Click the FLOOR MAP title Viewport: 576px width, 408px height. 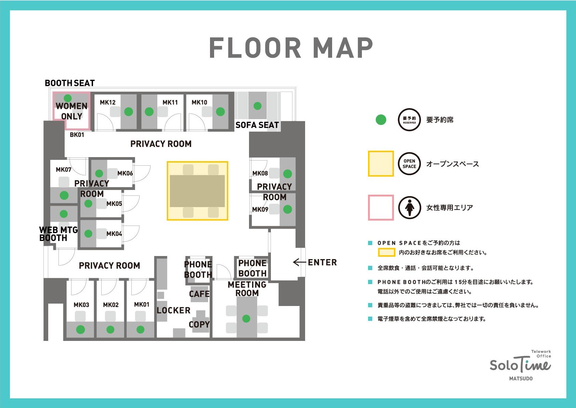point(291,48)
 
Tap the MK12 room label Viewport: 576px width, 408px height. point(108,102)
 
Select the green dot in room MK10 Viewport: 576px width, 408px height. point(220,112)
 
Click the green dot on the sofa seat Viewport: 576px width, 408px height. point(258,106)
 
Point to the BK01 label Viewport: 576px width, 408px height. point(77,135)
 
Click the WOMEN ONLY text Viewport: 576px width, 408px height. point(71,111)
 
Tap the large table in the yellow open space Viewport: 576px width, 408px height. point(197,191)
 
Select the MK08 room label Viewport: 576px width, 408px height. point(260,174)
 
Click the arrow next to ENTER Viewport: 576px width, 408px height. point(299,262)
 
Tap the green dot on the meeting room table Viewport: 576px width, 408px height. point(246,319)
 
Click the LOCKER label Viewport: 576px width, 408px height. point(173,310)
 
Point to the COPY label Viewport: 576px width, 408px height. point(199,324)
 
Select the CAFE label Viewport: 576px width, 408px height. point(199,294)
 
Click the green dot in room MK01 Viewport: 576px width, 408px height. point(140,329)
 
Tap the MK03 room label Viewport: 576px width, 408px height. point(81,305)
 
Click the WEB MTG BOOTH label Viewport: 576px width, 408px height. point(58,234)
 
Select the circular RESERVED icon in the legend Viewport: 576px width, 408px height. point(409,120)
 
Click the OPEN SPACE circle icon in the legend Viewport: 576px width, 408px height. point(409,164)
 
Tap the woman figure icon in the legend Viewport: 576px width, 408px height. point(410,208)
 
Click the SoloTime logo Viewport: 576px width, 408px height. point(521,365)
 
